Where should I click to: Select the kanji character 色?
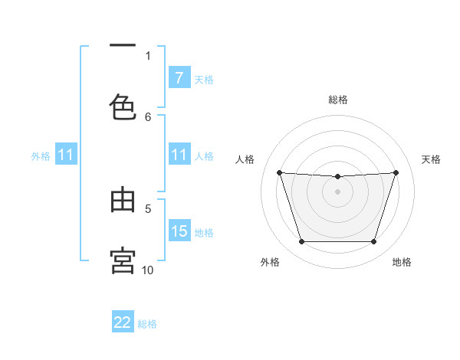[x=123, y=106]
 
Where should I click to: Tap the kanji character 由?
[x=123, y=200]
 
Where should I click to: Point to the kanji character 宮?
[x=123, y=260]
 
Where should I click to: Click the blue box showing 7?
[x=179, y=78]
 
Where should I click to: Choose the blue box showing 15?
[x=179, y=231]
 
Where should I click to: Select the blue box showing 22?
[x=123, y=322]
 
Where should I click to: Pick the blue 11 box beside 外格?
[x=65, y=155]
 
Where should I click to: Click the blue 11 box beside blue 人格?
[x=179, y=155]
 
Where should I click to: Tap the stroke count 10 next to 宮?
[x=148, y=270]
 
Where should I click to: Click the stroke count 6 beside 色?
[x=148, y=116]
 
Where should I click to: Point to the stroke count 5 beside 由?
[x=148, y=208]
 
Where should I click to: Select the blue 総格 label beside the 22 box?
[x=147, y=324]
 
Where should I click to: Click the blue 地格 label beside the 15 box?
[x=204, y=233]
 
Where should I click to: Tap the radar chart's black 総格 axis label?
[x=337, y=100]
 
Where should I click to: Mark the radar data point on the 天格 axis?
[x=396, y=172]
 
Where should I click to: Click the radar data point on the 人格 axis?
[x=279, y=172]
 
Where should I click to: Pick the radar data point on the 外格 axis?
[x=301, y=242]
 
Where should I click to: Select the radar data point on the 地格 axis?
[x=373, y=242]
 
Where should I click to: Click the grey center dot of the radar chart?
[x=337, y=191]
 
